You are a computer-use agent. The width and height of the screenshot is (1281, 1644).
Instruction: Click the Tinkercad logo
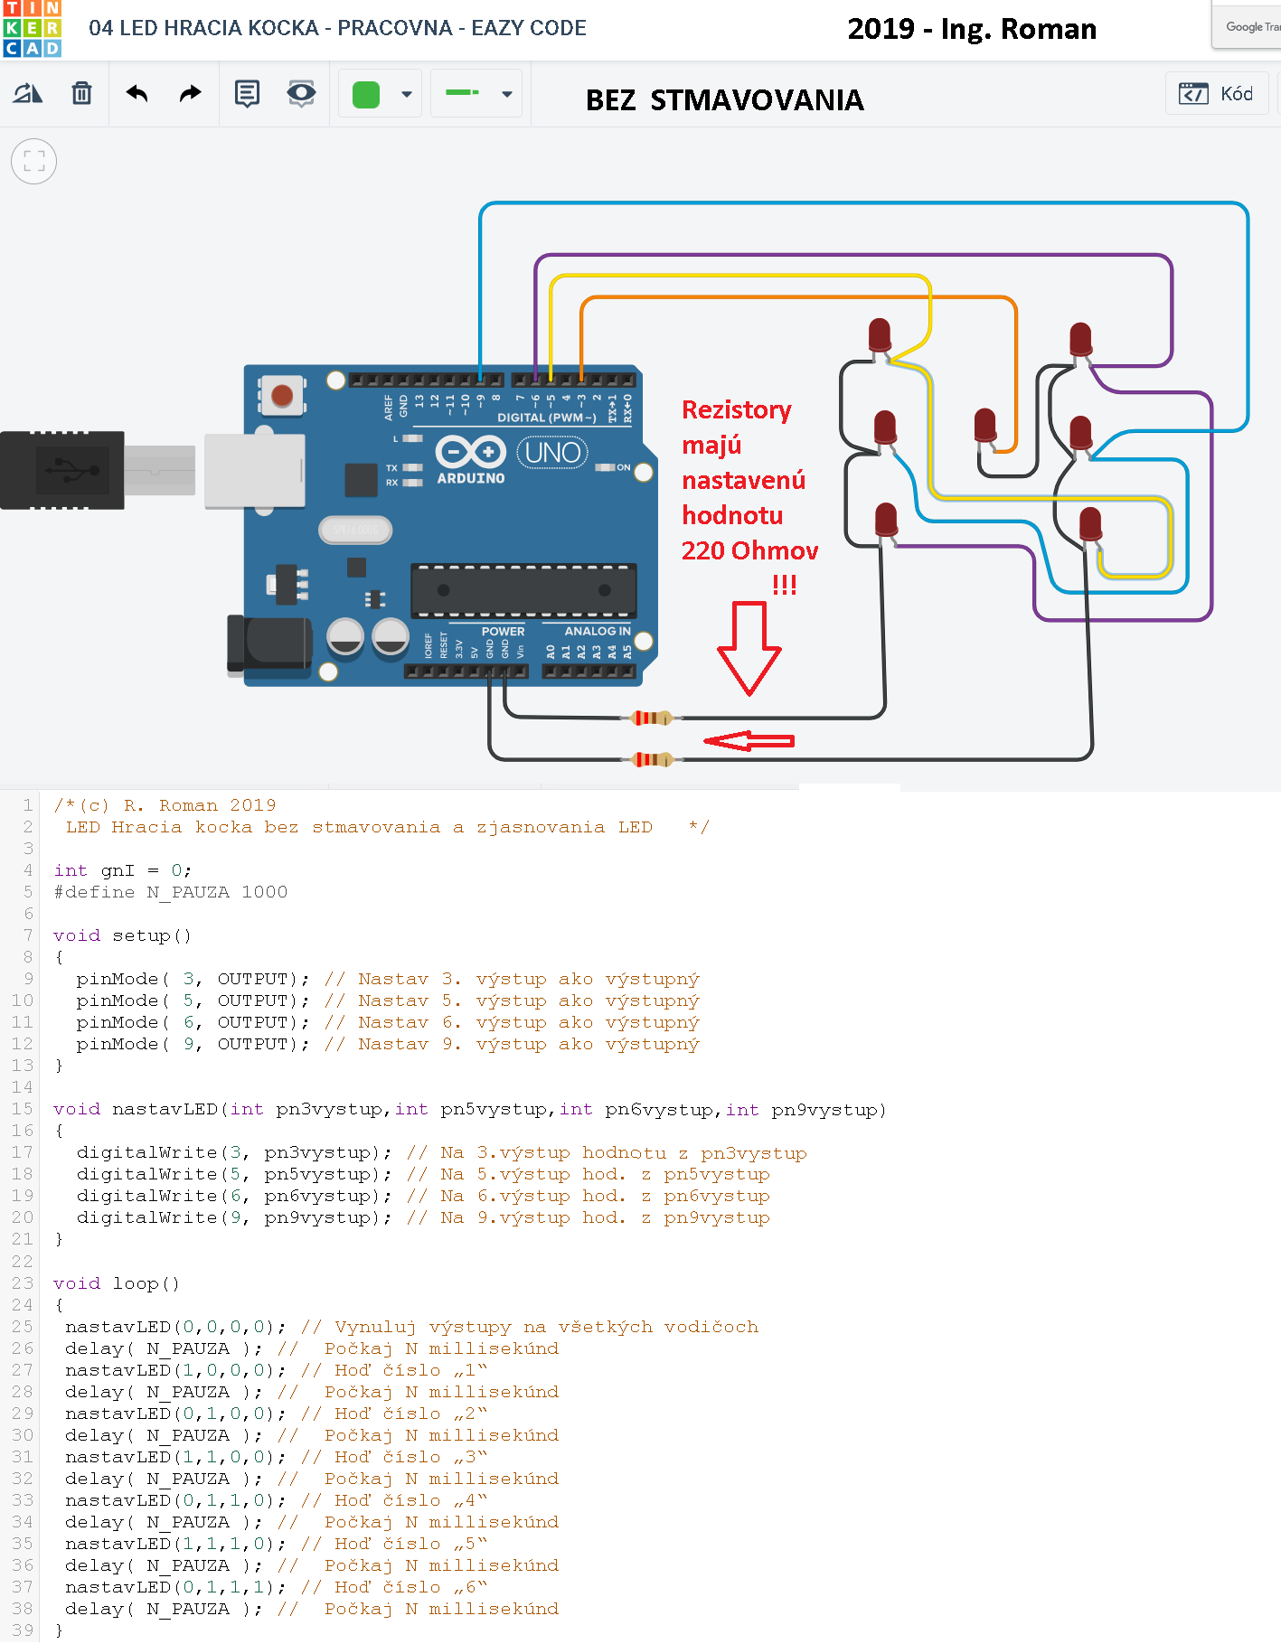32,29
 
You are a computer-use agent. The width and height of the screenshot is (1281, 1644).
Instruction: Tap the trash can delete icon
81,93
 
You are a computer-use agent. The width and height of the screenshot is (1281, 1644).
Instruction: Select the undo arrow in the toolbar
137,93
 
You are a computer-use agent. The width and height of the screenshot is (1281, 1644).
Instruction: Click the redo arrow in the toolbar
190,93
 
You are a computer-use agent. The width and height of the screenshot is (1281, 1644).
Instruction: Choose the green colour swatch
366,94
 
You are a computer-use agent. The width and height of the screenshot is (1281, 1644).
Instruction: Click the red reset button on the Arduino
282,396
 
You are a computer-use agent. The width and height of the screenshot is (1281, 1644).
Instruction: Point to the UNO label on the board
552,452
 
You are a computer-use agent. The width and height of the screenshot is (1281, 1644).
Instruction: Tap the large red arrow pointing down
749,647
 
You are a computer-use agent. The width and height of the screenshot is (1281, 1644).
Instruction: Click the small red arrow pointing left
749,741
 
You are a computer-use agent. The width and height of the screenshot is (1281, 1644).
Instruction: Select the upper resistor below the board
651,718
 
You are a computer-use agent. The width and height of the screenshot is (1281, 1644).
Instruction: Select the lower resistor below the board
651,759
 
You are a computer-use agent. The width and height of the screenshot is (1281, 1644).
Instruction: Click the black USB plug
61,470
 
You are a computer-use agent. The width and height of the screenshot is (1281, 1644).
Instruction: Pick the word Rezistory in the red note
736,410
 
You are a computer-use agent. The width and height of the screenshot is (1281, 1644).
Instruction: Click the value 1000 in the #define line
264,892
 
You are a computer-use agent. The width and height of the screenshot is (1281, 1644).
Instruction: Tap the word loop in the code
136,1283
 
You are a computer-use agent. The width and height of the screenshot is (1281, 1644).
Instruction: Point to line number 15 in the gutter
23,1109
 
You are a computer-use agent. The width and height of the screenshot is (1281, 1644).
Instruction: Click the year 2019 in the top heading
881,29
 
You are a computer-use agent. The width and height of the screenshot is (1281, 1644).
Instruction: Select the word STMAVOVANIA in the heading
757,100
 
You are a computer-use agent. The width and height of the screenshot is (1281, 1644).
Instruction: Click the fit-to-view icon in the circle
34,162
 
